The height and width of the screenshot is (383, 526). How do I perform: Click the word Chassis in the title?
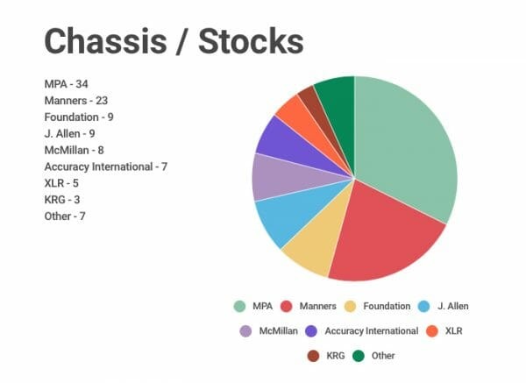pyautogui.click(x=105, y=41)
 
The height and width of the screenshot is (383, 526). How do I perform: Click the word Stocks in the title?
pyautogui.click(x=251, y=41)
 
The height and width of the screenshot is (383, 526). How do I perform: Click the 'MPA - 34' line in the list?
pyautogui.click(x=66, y=84)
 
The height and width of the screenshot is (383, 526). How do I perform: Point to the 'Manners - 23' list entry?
pyautogui.click(x=76, y=100)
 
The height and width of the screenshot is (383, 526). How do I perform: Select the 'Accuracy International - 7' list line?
pyautogui.click(x=106, y=167)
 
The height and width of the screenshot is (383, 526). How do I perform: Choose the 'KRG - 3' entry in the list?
pyautogui.click(x=62, y=200)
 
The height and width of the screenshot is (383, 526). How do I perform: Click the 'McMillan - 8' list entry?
pyautogui.click(x=75, y=150)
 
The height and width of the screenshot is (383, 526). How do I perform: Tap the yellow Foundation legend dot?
pyautogui.click(x=350, y=306)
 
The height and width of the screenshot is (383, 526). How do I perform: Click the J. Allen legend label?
pyautogui.click(x=453, y=306)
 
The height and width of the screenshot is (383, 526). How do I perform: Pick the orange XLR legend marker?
pyautogui.click(x=432, y=331)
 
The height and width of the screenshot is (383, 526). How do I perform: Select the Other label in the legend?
pyautogui.click(x=383, y=356)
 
